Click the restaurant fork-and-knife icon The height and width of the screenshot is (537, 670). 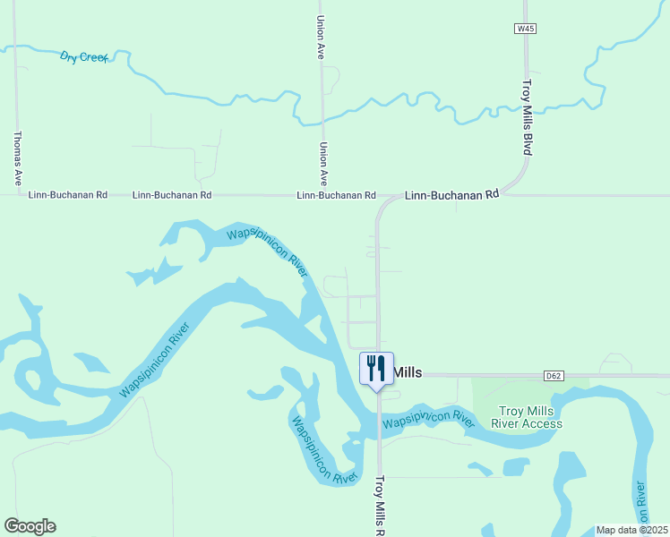[376, 367]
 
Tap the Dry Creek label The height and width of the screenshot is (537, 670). [83, 56]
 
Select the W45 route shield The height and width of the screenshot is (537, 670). [526, 29]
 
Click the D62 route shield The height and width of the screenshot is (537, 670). [553, 375]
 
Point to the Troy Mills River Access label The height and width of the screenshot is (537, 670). [530, 417]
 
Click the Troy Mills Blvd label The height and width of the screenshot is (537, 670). [527, 116]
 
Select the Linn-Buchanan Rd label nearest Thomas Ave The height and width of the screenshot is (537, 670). [68, 194]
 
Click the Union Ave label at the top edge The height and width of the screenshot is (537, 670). [321, 38]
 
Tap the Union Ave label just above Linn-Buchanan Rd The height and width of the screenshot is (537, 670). [323, 164]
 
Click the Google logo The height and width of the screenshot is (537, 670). [30, 526]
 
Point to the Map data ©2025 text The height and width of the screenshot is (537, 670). [631, 529]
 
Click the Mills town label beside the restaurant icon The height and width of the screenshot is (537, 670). [408, 372]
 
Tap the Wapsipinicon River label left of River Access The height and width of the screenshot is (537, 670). [428, 418]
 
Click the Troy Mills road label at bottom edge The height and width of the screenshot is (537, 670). [379, 506]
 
